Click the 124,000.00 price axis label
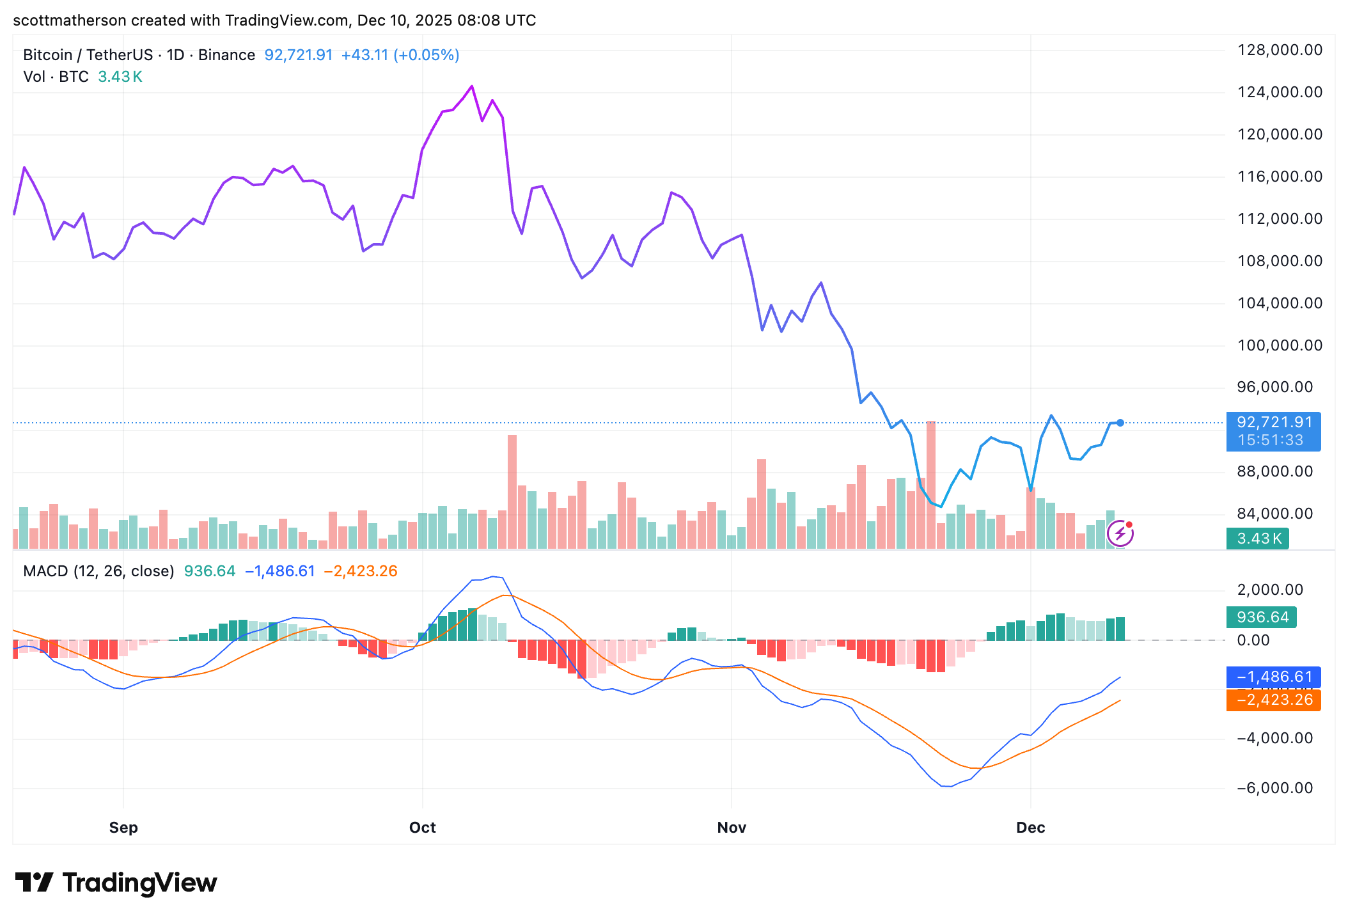tap(1280, 92)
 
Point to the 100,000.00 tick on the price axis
tap(1280, 345)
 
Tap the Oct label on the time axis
tap(422, 828)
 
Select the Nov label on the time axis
tap(732, 828)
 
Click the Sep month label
tap(123, 828)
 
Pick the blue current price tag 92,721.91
tap(1273, 423)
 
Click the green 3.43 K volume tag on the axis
tap(1258, 539)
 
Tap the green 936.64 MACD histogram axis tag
tap(1262, 617)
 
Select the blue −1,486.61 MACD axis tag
tap(1273, 677)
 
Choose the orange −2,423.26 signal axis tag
tap(1273, 700)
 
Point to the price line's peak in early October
tap(472, 86)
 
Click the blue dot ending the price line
tap(1120, 423)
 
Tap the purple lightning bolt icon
tap(1120, 533)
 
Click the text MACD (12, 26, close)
tap(98, 571)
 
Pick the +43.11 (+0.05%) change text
tap(400, 55)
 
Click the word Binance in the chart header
tap(226, 55)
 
